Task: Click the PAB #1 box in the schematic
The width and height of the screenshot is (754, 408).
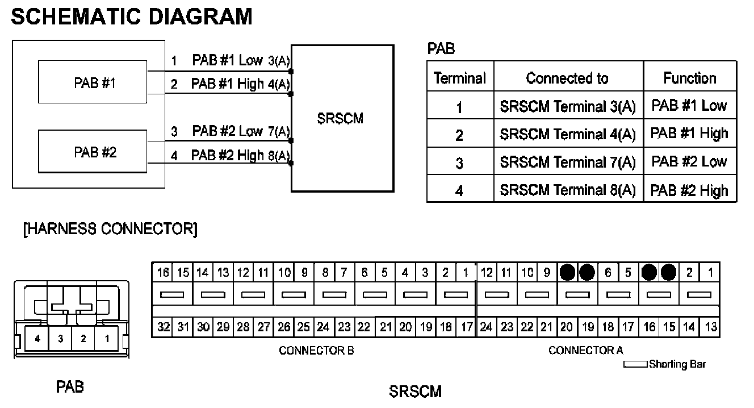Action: pos(94,84)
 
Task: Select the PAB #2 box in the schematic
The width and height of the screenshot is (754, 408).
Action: pos(94,152)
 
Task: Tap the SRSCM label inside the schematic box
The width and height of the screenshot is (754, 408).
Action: pos(340,119)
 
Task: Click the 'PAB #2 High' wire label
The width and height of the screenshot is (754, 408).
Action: pos(227,155)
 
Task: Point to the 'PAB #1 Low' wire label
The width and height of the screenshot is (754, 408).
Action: pos(227,60)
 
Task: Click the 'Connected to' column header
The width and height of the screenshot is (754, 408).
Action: pos(567,78)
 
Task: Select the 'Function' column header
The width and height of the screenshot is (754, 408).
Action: pos(690,78)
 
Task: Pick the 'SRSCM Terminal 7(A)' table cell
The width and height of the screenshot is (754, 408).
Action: pos(567,162)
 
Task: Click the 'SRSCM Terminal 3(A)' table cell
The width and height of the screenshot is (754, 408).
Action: pos(567,106)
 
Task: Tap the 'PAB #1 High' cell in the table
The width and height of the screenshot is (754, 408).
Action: pos(689,134)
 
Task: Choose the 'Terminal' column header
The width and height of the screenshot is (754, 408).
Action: pos(460,78)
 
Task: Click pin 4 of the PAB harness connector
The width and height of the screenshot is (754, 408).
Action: pos(37,339)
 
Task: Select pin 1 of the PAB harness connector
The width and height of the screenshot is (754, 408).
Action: pos(106,339)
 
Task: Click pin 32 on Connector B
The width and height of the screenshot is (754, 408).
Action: pos(162,327)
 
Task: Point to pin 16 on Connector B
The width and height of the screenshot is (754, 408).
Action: pos(162,273)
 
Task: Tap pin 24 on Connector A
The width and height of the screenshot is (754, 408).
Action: pos(486,327)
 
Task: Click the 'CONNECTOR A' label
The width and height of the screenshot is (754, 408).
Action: pos(585,351)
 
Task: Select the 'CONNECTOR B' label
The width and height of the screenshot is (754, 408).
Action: pos(316,351)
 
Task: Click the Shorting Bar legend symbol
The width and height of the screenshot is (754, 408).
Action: pos(635,364)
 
